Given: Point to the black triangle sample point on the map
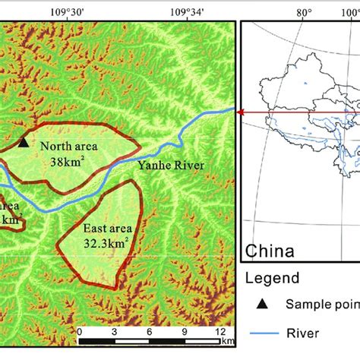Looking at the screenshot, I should (x=24, y=142).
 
